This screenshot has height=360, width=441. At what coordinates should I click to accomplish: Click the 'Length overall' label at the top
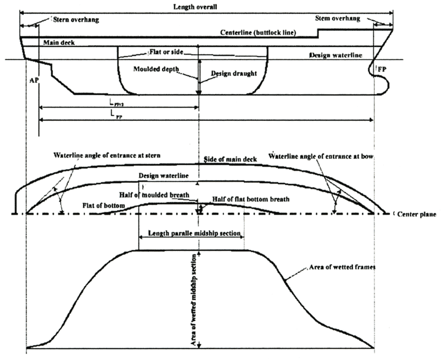coord(195,7)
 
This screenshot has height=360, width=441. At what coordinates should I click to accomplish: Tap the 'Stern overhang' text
coord(76,20)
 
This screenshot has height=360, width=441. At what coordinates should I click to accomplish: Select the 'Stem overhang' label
coord(337,19)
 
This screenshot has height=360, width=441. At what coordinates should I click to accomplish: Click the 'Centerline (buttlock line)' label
coord(258,33)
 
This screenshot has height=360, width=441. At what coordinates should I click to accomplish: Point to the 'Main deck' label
coord(59,43)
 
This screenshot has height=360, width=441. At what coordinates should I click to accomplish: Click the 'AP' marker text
coord(34,80)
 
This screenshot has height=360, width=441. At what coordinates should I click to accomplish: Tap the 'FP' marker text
coord(382,69)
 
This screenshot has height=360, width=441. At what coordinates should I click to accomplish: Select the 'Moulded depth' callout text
coord(156,69)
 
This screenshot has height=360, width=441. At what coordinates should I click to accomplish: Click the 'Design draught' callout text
coord(234,74)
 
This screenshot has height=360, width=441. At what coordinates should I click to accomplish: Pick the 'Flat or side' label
coord(166,52)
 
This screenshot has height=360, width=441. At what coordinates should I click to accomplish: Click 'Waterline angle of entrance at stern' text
coord(107,155)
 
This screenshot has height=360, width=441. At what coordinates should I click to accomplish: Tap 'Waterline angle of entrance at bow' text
coord(321,157)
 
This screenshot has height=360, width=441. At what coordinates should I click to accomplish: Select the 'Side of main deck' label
coord(230,159)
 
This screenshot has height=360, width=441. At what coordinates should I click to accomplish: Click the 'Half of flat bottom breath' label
coord(251,200)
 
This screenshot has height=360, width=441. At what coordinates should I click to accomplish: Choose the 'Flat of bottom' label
coord(104,206)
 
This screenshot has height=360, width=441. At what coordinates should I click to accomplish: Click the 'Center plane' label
coord(417,214)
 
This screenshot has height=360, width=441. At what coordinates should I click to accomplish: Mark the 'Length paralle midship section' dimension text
coord(195,233)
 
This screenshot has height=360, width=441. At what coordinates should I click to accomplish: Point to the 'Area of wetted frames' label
coord(342,267)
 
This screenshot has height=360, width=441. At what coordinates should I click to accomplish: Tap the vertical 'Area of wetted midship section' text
coord(194,300)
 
